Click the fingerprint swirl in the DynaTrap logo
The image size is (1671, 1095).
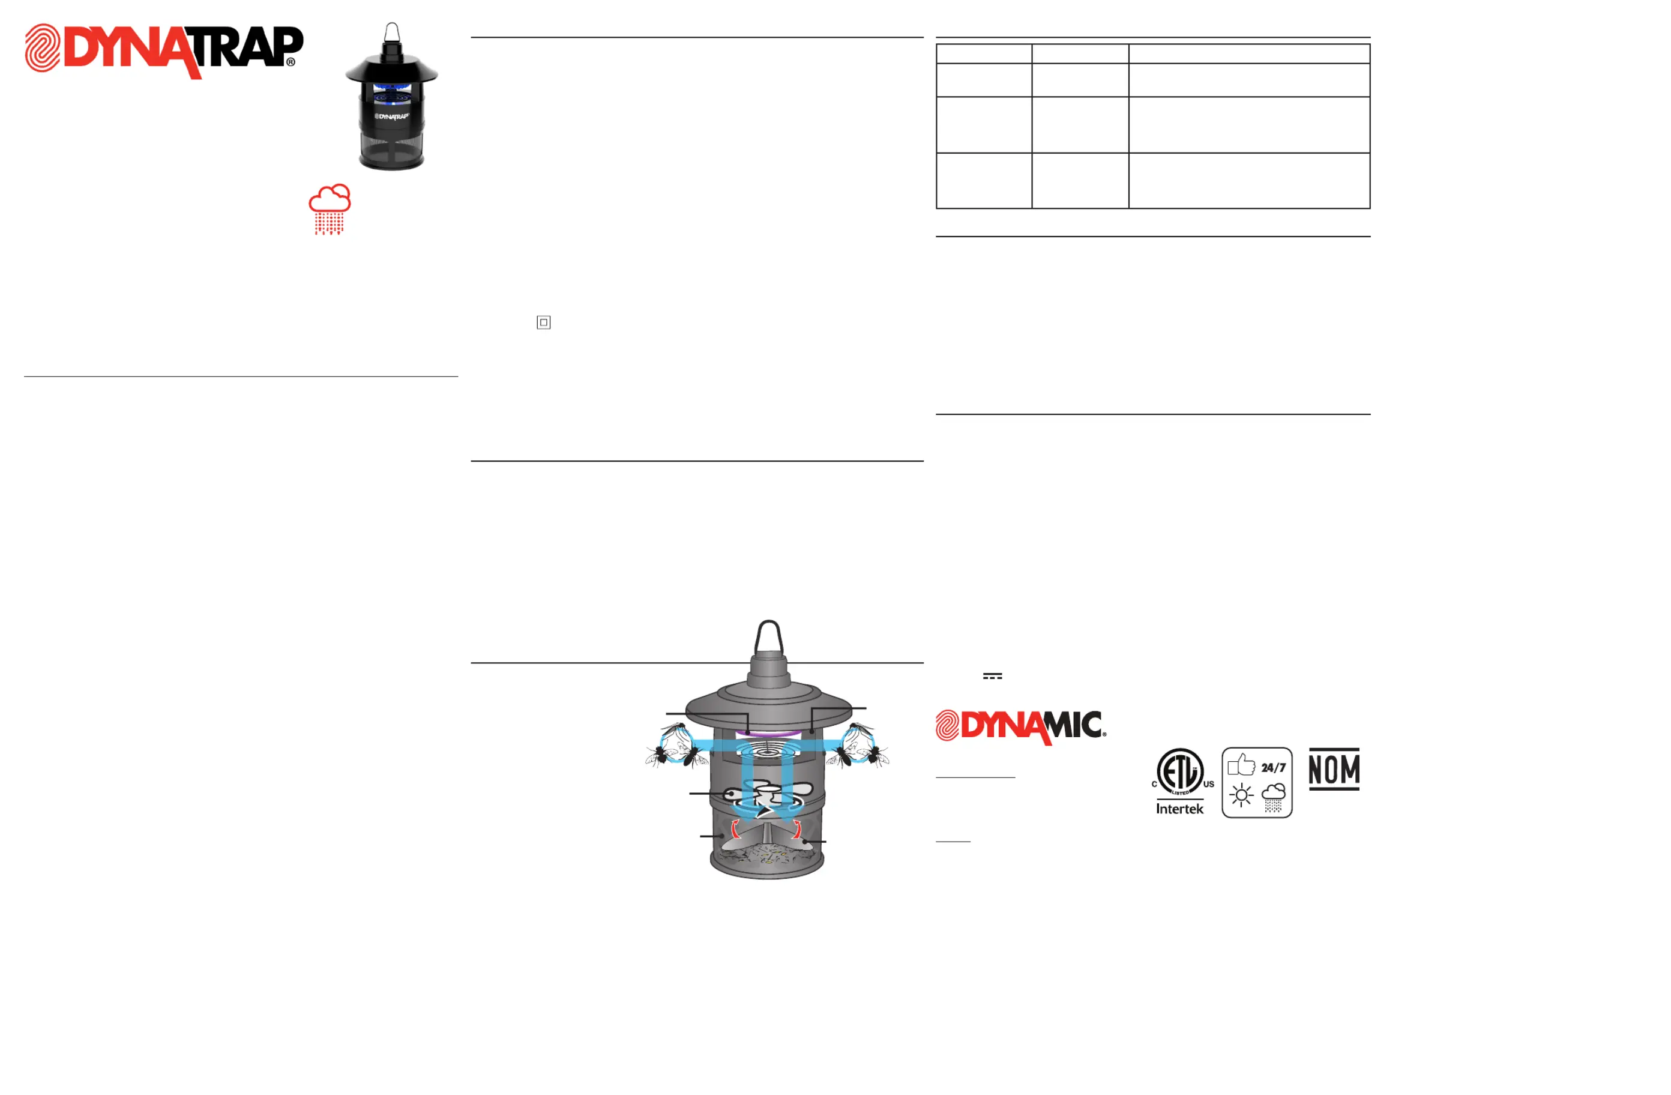coord(43,48)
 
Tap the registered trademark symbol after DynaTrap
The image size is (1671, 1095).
coord(291,62)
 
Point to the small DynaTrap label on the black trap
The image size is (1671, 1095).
coord(392,116)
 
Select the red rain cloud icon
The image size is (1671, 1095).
coord(330,208)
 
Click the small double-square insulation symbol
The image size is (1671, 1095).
coord(543,322)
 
